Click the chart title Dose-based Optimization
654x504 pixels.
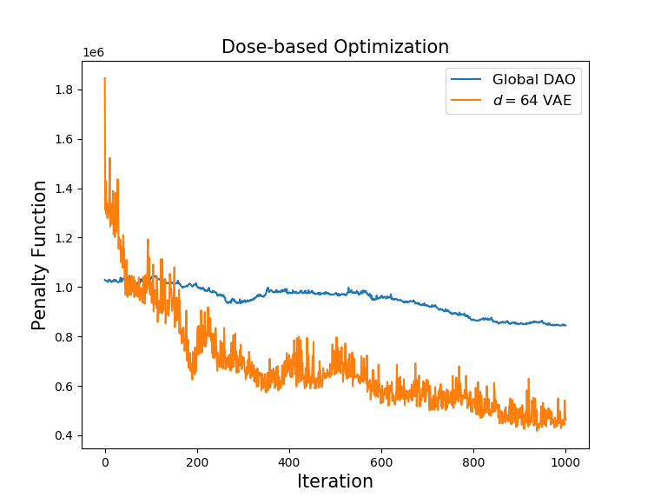335,47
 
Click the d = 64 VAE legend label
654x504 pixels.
532,100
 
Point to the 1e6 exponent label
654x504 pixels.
94,52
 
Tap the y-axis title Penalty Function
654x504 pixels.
39,255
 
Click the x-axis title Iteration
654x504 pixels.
335,481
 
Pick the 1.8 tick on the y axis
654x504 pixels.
63,90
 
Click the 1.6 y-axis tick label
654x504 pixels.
63,139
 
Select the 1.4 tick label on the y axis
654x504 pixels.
63,189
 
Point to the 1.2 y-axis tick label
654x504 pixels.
63,238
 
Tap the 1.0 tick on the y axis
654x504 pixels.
63,288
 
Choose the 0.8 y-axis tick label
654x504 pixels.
63,337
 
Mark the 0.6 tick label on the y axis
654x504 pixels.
63,387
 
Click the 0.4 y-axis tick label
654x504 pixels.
63,436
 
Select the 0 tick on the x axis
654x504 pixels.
105,462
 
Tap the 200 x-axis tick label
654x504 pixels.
197,462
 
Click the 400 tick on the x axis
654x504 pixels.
289,462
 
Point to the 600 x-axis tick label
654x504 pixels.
381,462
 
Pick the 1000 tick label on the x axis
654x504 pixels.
565,462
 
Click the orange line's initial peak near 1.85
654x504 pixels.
105,78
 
